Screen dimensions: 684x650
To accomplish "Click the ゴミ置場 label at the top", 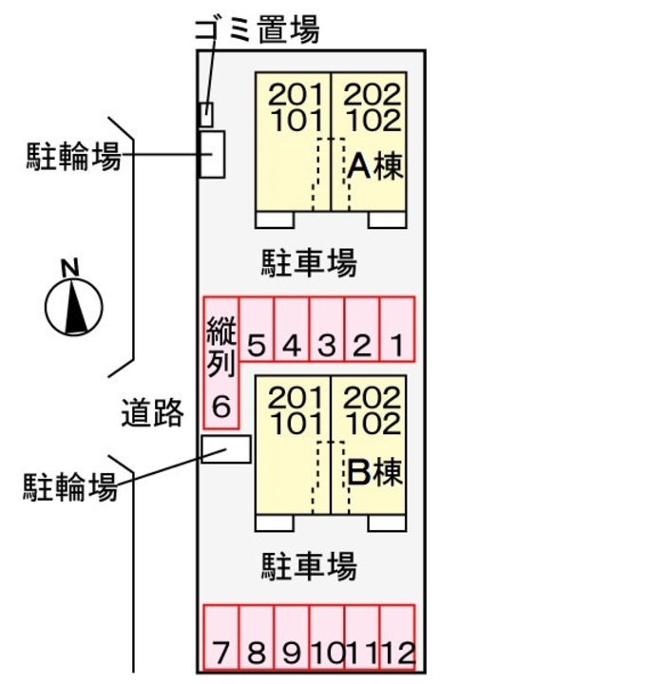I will [257, 29].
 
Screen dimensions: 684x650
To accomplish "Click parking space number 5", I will [256, 330].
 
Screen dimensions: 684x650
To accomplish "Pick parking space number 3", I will [327, 330].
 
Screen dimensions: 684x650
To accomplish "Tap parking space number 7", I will [221, 638].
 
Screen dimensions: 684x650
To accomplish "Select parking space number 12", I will [399, 638].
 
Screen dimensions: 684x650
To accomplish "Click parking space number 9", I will [292, 638].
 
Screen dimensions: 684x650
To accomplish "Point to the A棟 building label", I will [375, 167].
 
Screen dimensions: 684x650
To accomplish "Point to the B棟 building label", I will [375, 471].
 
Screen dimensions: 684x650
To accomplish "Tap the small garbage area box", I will [206, 114].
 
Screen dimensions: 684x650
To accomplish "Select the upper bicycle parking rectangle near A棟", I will [212, 154].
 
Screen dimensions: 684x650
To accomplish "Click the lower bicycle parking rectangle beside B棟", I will [226, 448].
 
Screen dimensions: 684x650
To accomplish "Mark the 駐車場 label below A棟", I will [310, 263].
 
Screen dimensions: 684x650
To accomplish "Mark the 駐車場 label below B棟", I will [310, 567].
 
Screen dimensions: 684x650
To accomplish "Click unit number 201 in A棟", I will [296, 95].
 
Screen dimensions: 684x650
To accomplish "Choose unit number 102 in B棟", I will [373, 423].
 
